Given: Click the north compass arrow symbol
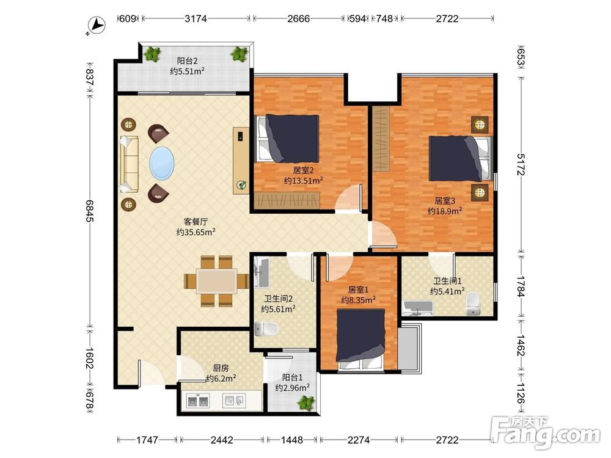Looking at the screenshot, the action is coord(96,26).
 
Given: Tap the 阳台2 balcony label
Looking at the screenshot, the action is coord(188,60).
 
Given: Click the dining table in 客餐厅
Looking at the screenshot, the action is coord(217,281).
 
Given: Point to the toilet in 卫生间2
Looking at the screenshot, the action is coord(266,329).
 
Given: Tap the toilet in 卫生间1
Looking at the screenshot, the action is coord(473,303).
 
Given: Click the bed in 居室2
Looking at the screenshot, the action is coord(288,138).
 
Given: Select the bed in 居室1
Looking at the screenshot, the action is coord(361,338).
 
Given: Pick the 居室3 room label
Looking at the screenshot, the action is coord(445,201).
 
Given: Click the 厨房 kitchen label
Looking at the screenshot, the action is coord(221,368).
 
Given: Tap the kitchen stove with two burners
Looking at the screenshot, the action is coord(198,401).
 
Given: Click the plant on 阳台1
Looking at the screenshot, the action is coord(306,402).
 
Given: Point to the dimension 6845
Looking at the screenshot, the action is coord(90,211).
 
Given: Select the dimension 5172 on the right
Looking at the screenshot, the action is coord(521,164).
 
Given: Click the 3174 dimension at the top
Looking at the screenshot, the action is coord(196,18).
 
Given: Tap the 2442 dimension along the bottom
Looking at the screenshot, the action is coord(222,440).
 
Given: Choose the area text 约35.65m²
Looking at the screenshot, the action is coord(196,232).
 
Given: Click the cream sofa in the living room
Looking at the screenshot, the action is coord(129,164).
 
